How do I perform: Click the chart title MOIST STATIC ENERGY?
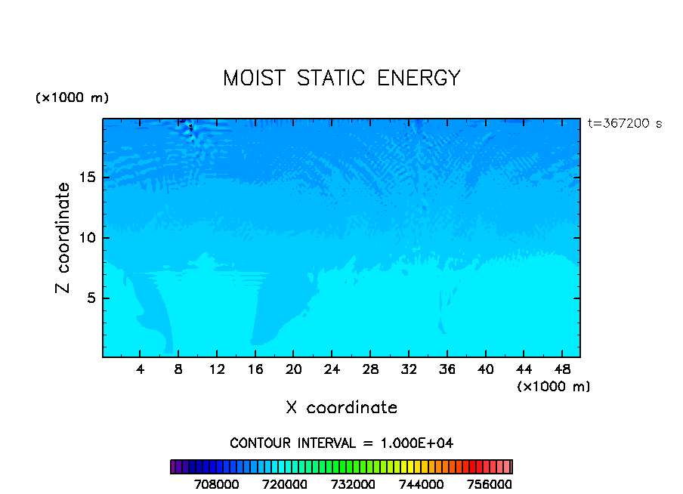tap(341, 78)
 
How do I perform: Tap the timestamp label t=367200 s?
tap(624, 123)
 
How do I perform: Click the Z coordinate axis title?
tap(63, 238)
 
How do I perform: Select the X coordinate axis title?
tap(341, 408)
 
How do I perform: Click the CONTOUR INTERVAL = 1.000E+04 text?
tap(341, 443)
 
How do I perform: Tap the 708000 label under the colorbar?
tap(218, 483)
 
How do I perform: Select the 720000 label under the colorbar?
tap(286, 483)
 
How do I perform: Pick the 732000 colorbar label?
tap(354, 483)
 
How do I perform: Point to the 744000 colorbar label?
tap(422, 483)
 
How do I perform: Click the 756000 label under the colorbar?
tap(490, 483)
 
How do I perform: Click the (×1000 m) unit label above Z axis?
tap(72, 98)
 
